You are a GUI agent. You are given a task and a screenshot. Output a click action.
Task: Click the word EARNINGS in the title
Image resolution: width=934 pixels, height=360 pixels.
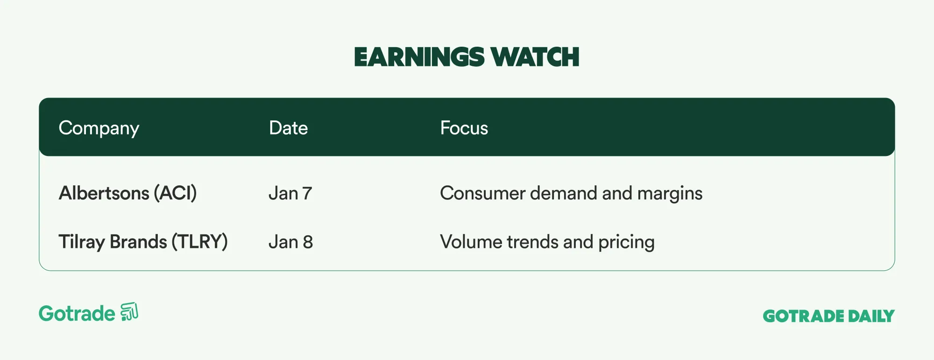(x=419, y=57)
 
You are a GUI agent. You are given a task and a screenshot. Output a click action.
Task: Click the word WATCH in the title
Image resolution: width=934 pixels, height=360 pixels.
(x=535, y=57)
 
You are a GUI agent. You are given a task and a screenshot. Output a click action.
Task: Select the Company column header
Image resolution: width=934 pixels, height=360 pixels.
(x=99, y=128)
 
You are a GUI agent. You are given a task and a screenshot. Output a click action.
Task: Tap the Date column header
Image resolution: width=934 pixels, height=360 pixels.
(x=289, y=128)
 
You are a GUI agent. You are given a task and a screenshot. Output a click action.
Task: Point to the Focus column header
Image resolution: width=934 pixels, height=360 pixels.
(x=464, y=128)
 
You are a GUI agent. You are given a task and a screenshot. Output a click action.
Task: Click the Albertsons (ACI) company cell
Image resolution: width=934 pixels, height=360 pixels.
(x=128, y=193)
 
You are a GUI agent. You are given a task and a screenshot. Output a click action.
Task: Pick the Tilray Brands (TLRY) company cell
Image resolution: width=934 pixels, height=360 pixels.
(x=143, y=242)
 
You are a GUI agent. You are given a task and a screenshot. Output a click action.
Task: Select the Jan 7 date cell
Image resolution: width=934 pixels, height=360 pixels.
(x=290, y=193)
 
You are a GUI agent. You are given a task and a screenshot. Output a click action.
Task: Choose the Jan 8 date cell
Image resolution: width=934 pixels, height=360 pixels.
(x=291, y=242)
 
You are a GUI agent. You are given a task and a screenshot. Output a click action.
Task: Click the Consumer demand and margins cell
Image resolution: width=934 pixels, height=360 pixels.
(x=571, y=193)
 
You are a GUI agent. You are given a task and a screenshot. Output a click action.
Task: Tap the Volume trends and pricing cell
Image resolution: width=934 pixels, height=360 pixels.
(x=547, y=242)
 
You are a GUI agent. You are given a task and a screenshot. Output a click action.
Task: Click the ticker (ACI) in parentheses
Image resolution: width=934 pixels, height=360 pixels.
(x=176, y=193)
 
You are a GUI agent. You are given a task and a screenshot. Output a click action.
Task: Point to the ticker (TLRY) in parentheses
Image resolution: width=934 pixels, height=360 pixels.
(x=200, y=242)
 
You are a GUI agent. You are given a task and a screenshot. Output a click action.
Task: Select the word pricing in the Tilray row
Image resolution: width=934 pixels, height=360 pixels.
(x=627, y=242)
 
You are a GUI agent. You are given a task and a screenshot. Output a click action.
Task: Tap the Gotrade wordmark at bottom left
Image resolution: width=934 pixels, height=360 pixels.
(x=77, y=313)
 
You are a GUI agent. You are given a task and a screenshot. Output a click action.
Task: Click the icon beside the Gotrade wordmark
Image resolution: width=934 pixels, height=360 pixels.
(x=129, y=312)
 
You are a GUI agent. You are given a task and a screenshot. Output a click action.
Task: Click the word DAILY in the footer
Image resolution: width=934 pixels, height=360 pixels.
(x=871, y=316)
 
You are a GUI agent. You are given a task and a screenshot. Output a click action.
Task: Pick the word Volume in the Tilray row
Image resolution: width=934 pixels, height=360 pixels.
(x=471, y=242)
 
